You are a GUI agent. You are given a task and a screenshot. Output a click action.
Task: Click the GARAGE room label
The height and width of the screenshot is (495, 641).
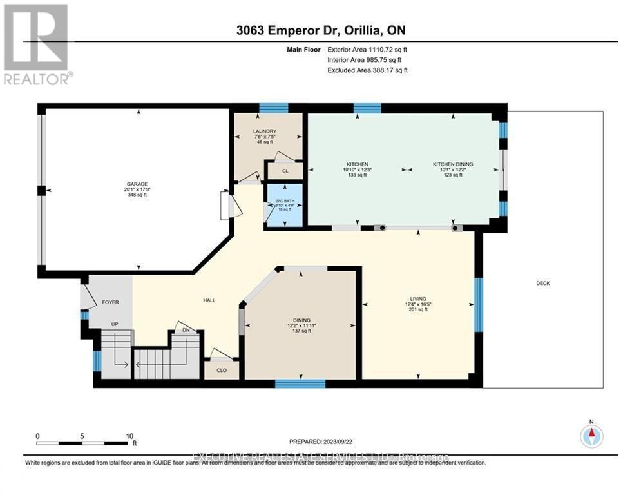tap(137, 184)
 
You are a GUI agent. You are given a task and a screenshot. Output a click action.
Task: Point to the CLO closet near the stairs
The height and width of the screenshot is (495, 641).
tap(220, 371)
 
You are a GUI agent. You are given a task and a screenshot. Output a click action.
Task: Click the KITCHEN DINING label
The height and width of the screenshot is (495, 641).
tap(452, 164)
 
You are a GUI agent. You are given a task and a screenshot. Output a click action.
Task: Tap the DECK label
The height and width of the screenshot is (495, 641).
tap(542, 284)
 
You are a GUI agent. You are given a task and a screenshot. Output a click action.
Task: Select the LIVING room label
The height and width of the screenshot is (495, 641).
tap(418, 299)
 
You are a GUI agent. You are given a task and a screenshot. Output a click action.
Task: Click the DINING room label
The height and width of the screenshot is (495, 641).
tap(301, 320)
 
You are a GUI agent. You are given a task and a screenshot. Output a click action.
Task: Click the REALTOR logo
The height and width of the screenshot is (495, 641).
tap(36, 44)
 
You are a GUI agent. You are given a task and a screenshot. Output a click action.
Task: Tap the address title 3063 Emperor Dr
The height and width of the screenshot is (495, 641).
tap(320, 30)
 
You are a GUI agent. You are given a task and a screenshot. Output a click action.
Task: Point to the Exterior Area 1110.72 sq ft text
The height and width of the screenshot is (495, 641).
tap(367, 49)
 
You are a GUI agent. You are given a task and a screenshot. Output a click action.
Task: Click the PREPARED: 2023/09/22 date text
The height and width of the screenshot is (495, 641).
tap(320, 442)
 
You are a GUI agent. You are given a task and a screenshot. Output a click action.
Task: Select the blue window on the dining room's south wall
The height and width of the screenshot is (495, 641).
tap(300, 384)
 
